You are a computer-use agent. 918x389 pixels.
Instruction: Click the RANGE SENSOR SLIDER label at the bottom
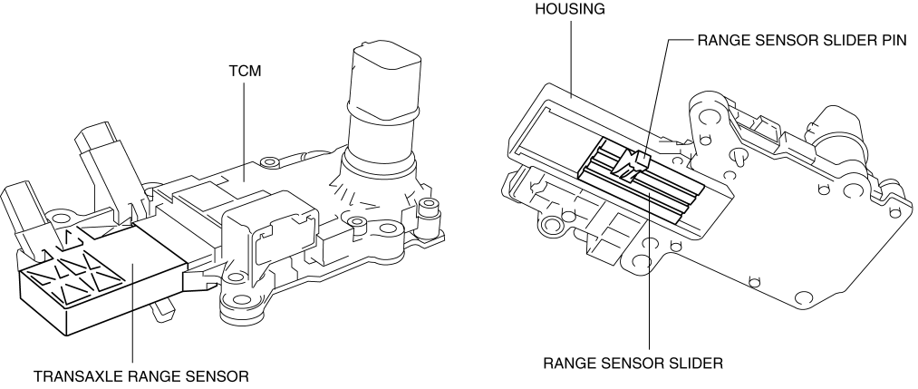click(x=632, y=365)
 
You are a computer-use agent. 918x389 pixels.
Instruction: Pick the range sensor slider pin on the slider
click(x=629, y=163)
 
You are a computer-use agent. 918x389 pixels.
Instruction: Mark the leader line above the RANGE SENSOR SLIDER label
click(x=650, y=272)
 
